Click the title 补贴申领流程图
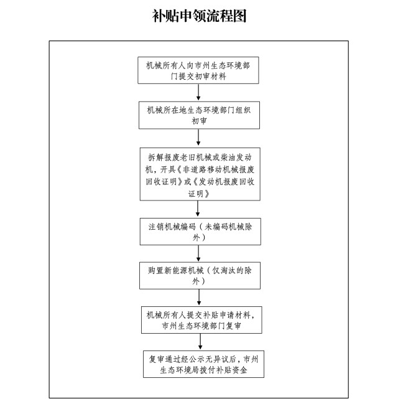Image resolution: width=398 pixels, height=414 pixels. click(x=199, y=16)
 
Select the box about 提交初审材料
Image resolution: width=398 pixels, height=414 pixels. click(x=198, y=70)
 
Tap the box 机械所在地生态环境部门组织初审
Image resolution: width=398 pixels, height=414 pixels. click(x=199, y=115)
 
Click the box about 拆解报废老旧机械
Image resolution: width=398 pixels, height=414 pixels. click(x=200, y=174)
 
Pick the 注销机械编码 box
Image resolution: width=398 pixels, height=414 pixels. click(x=200, y=232)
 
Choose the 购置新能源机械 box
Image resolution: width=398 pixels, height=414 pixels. click(x=200, y=276)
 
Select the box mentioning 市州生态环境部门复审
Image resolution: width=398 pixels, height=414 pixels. click(x=201, y=320)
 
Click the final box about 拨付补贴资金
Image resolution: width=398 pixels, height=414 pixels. click(x=203, y=364)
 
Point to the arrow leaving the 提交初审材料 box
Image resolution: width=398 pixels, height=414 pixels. click(x=198, y=92)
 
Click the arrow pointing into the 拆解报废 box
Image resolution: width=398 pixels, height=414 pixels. click(x=198, y=138)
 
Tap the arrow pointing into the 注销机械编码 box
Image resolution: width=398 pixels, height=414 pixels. click(x=198, y=209)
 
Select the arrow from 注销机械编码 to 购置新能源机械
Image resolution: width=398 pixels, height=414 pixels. click(x=198, y=253)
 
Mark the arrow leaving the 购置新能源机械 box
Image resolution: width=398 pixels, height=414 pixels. click(x=199, y=298)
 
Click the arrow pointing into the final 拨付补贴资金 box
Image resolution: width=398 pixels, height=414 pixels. click(x=200, y=342)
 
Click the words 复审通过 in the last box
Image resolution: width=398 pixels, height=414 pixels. click(x=165, y=359)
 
